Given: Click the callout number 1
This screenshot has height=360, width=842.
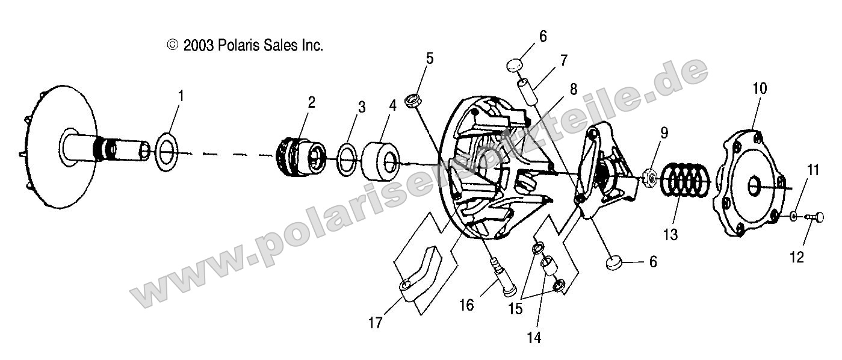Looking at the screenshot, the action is coord(181,96).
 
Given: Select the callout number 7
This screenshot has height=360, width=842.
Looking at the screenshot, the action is coord(563,60).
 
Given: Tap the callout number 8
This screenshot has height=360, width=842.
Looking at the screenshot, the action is coord(572,90).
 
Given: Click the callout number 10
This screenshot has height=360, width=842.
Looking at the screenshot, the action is coord(759,88).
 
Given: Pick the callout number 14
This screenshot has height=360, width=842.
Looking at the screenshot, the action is coord(533,337).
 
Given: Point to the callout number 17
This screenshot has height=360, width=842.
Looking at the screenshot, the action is coord(376,323).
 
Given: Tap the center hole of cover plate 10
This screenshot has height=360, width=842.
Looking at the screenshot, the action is coord(753,187).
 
